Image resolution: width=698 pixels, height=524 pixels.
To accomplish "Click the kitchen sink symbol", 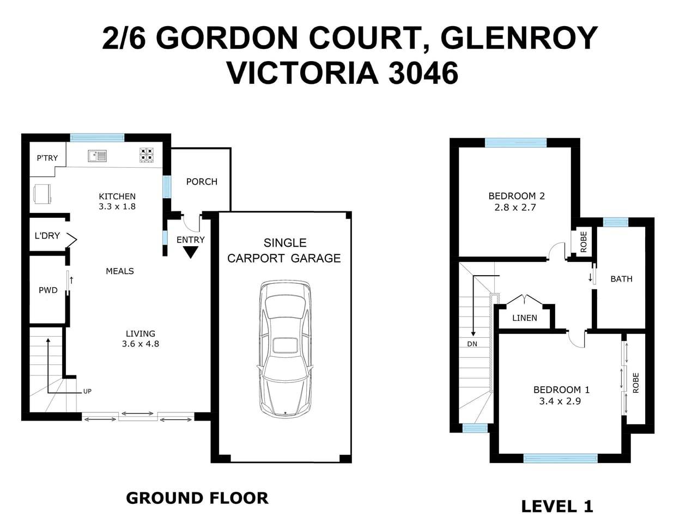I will coord(97,156).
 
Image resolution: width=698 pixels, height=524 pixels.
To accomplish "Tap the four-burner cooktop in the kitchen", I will coord(146,155).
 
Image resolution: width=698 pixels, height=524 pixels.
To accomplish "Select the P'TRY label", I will coord(47,158).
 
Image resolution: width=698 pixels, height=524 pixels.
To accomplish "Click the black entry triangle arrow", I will coord(190,252).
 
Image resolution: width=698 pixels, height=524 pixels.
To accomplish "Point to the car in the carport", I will coord(285,349).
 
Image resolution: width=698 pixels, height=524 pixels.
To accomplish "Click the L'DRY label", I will coord(47,236).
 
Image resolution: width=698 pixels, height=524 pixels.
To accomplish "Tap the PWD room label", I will coord(48,290).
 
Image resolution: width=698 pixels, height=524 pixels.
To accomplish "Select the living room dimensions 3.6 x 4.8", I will coord(141,344).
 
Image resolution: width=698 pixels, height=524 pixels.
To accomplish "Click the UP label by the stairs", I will coord(87,391).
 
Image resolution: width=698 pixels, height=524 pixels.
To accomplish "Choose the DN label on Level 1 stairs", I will coord(472,344).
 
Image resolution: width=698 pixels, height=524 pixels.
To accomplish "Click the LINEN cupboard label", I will coord(524,318).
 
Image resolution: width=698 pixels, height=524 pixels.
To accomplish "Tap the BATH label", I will coord(621,279).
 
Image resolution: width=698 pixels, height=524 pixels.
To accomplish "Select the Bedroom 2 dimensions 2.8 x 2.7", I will coord(515,207).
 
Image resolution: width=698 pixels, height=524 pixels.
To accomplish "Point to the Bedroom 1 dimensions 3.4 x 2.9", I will coord(560,401).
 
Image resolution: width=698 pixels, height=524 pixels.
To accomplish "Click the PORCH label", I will coord(202,181).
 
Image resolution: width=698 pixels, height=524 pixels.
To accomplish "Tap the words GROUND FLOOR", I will coord(197,498).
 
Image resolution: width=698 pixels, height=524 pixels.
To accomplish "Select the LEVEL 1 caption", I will coord(557,506).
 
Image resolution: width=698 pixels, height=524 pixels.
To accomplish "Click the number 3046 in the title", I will coord(423,73).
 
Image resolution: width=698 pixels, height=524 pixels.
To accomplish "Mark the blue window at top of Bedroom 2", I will coord(515,143).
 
